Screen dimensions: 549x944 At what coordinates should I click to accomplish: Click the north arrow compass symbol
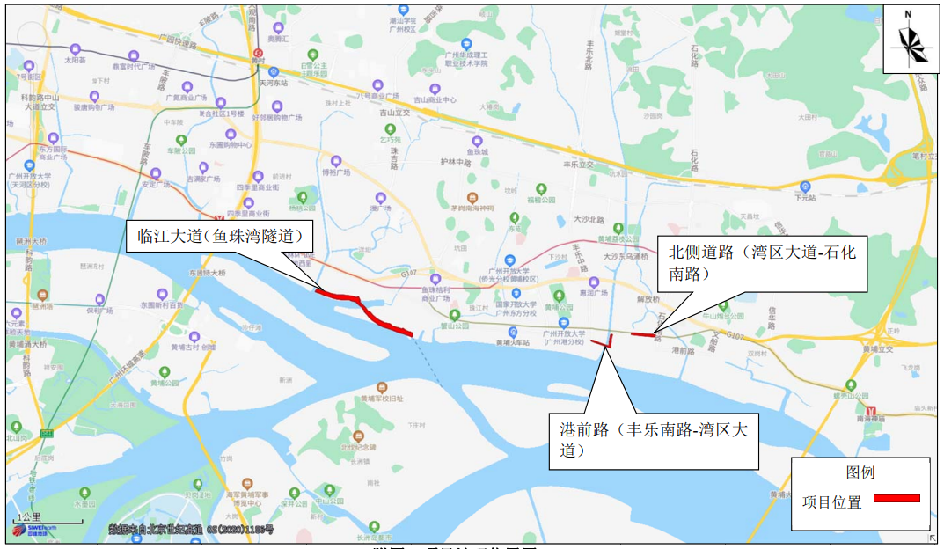(910, 39)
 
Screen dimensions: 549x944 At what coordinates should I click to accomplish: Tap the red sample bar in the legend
(896, 498)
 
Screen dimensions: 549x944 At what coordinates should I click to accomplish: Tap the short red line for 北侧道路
(642, 334)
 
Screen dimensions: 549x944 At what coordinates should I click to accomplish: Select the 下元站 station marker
(805, 186)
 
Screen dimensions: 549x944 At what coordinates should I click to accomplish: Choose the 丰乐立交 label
(578, 165)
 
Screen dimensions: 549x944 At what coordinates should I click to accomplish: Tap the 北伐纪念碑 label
(358, 447)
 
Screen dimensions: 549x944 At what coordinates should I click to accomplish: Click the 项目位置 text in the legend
(831, 502)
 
